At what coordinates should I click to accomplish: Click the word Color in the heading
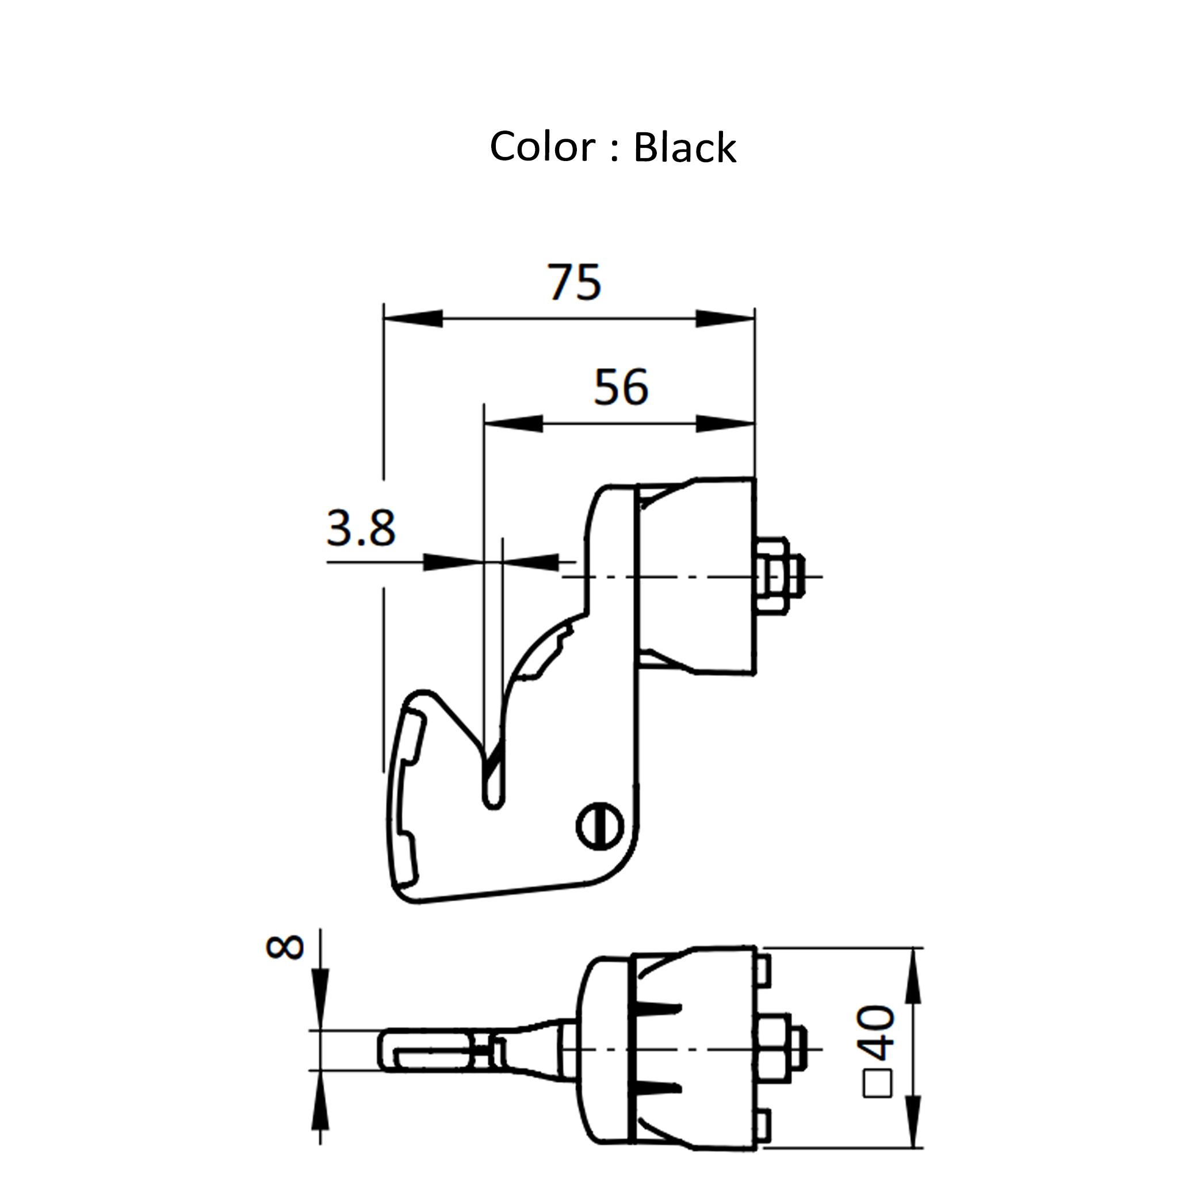point(541,147)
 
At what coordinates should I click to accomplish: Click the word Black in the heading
point(684,148)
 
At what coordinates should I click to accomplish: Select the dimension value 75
point(573,282)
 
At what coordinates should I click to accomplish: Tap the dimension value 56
point(621,387)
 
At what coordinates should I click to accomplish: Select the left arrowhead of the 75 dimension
point(414,318)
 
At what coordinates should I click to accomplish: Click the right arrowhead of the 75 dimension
point(725,318)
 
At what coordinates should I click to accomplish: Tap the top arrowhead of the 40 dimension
point(912,976)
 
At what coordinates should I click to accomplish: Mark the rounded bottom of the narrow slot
point(494,803)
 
